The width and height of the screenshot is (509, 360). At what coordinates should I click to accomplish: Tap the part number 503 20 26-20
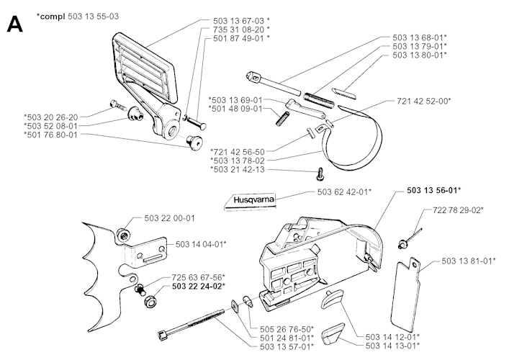pyautogui.click(x=51, y=115)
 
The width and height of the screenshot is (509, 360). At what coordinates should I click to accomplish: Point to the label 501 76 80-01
pyautogui.click(x=51, y=134)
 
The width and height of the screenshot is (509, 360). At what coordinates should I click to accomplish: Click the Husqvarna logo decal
pyautogui.click(x=247, y=200)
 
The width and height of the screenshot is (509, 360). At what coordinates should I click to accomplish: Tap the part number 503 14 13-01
pyautogui.click(x=393, y=345)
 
